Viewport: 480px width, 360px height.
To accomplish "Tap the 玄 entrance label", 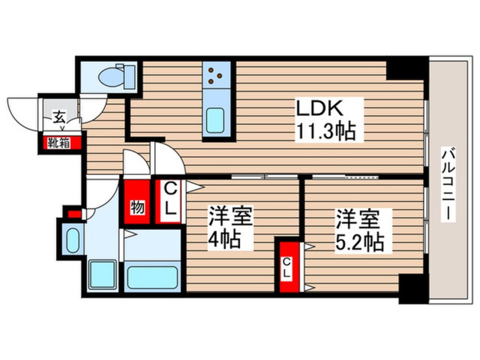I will coord(58,118).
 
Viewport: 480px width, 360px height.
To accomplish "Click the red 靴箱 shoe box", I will coord(59,143).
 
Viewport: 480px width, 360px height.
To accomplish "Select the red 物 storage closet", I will coord(137,205).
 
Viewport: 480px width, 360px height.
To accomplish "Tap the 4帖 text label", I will coord(223,239).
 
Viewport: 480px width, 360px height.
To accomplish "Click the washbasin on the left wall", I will coord(73,239).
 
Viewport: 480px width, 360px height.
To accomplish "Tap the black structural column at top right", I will coord(406,68).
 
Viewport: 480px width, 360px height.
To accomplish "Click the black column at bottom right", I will coord(411,289).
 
